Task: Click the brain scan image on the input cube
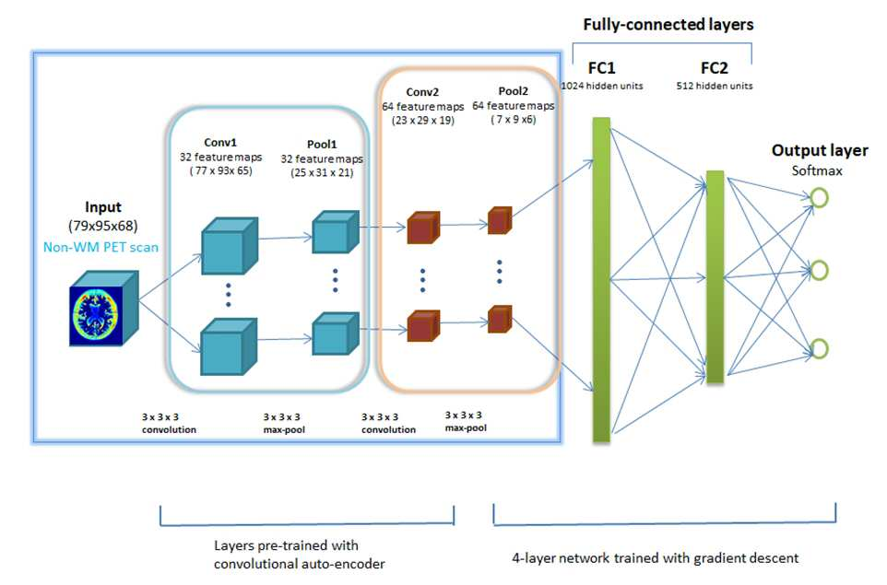point(96,315)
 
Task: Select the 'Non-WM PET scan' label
point(101,247)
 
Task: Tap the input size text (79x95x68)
point(103,226)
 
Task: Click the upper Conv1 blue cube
point(230,246)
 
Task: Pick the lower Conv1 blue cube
point(229,346)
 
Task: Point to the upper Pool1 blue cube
point(336,232)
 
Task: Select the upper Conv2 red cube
point(423,228)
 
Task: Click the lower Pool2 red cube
point(500,320)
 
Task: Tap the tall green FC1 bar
point(601,279)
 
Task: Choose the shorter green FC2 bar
point(715,277)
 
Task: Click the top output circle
point(819,198)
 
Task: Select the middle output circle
point(819,270)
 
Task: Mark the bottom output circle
point(819,349)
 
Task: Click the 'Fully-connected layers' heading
point(668,25)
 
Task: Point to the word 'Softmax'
point(817,170)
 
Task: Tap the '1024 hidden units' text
point(602,86)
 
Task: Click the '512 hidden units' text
point(715,86)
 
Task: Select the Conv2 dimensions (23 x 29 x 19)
point(422,121)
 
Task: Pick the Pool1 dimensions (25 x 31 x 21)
point(322,173)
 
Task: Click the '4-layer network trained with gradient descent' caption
point(655,558)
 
